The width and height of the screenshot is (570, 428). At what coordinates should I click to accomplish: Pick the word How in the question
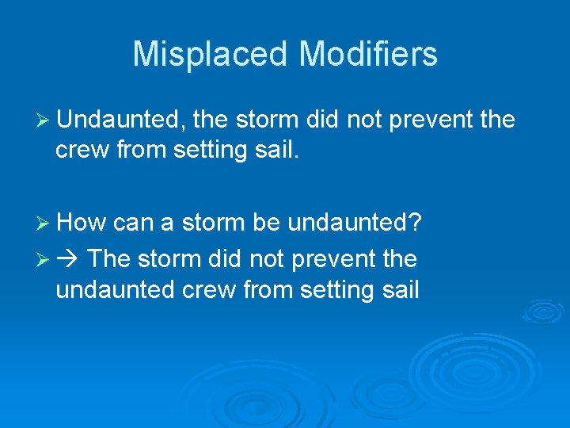pyautogui.click(x=82, y=223)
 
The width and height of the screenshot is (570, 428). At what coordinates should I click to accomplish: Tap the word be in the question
pyautogui.click(x=266, y=223)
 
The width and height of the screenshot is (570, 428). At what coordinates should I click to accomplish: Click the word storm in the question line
pyautogui.click(x=214, y=223)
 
